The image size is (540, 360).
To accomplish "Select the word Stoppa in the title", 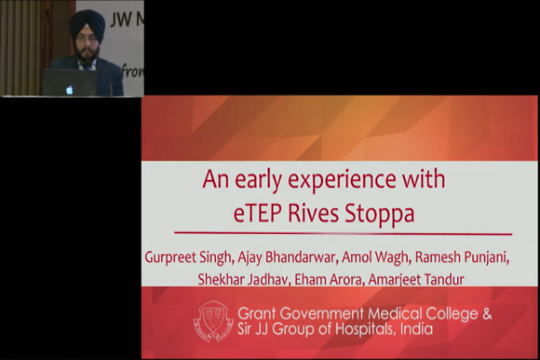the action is [x=380, y=214].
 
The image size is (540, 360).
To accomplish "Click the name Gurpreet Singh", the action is [x=188, y=257].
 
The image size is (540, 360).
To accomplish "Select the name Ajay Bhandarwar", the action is [x=287, y=257].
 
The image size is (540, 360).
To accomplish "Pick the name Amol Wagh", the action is [x=375, y=257].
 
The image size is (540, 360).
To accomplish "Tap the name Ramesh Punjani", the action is [x=461, y=257].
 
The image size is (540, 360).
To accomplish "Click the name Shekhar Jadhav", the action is [x=242, y=279].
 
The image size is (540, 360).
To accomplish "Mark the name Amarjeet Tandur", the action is [x=417, y=279].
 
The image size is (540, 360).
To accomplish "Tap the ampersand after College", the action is [x=487, y=314].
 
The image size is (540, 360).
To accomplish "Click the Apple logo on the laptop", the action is [x=69, y=90].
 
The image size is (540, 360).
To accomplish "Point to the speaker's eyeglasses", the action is [x=87, y=40].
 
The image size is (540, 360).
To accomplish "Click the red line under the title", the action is [x=343, y=234].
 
